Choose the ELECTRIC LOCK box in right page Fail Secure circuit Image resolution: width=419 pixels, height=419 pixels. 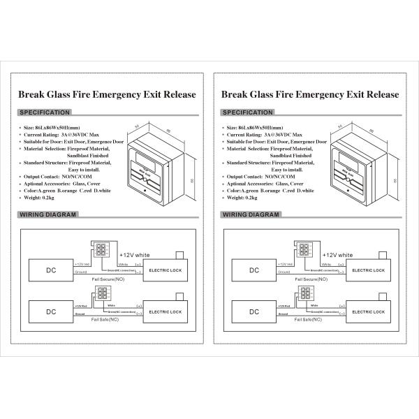(368, 269)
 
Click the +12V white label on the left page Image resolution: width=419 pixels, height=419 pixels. (138, 256)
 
